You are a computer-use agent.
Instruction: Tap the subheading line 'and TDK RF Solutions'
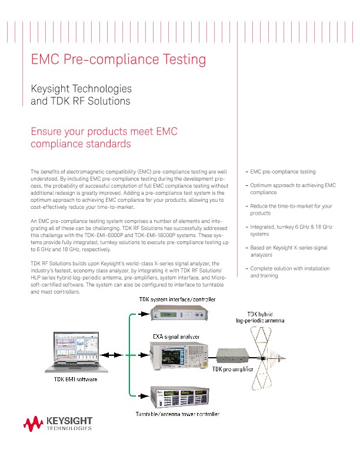tap(80, 101)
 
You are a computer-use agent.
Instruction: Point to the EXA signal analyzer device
tap(176, 355)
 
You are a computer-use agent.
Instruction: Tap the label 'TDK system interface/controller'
tap(177, 299)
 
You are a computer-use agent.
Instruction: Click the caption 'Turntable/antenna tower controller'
tap(177, 414)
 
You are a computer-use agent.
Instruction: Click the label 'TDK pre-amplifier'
tap(232, 370)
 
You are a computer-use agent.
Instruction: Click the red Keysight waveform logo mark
tap(34, 423)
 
